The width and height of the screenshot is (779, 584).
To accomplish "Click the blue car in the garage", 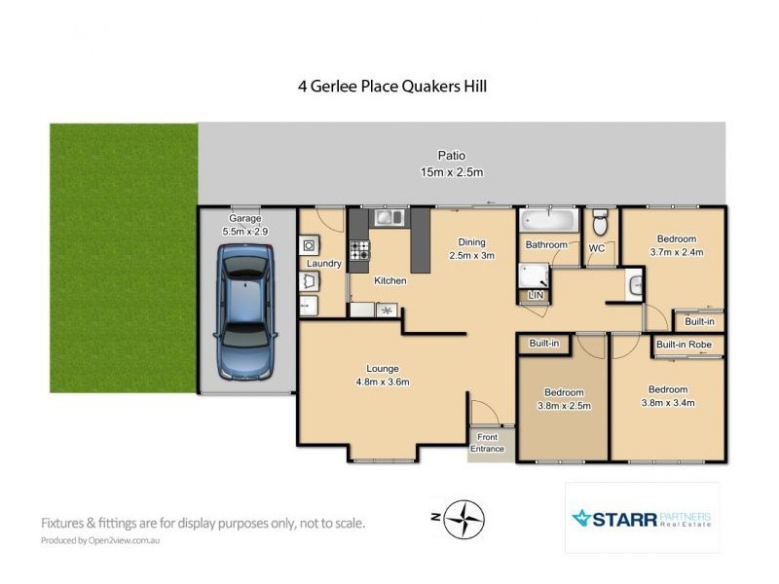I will [246, 311].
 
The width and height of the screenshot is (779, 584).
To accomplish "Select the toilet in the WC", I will [601, 223].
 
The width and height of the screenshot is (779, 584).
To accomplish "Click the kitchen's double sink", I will [389, 218].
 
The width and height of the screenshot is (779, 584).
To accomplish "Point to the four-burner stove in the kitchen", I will [359, 260].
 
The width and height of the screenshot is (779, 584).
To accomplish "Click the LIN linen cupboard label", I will [534, 295].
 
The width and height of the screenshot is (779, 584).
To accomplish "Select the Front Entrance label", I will [489, 443].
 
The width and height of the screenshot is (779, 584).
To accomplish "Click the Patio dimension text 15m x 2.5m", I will [451, 172].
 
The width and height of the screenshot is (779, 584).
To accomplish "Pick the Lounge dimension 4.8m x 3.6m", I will [383, 382].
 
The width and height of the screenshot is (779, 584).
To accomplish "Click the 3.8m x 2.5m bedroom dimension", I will [563, 406].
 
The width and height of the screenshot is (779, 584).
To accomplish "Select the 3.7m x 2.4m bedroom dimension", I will [676, 252].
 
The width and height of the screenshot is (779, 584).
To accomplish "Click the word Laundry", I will [323, 264].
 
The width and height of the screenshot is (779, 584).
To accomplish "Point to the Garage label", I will [245, 219].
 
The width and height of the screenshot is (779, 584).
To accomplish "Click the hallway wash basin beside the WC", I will [635, 284].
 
